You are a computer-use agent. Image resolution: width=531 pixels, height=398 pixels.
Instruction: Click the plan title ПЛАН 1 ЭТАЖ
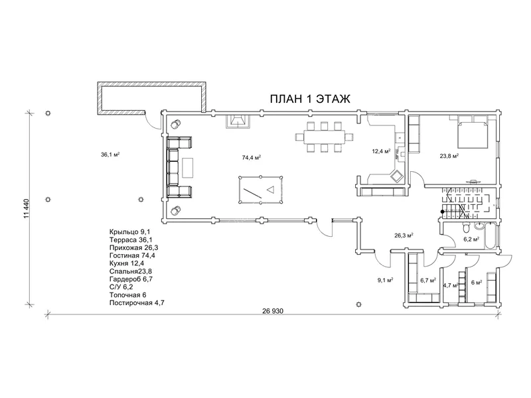click(x=310, y=99)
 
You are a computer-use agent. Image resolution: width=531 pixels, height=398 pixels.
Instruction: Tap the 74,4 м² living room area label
click(x=252, y=157)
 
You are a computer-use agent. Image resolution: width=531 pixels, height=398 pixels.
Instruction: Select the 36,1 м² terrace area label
click(x=110, y=155)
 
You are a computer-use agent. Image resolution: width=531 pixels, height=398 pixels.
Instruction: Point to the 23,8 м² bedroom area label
click(x=449, y=156)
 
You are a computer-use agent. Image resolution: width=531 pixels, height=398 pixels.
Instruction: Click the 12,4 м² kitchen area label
click(x=381, y=151)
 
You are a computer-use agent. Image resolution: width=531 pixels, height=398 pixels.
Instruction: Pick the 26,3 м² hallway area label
click(x=404, y=235)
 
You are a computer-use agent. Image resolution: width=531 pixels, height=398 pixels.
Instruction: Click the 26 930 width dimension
click(x=272, y=311)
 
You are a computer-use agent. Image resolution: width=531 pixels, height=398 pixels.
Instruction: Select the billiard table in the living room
click(x=261, y=190)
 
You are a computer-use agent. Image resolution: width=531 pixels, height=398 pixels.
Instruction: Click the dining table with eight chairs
click(x=325, y=137)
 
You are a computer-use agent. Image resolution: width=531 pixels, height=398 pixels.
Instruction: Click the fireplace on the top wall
click(x=238, y=121)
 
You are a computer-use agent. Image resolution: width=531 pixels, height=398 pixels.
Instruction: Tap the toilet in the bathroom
click(x=467, y=228)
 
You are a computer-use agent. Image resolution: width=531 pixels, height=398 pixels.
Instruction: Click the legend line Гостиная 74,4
click(x=132, y=255)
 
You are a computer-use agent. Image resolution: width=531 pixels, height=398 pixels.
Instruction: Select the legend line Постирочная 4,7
click(x=137, y=303)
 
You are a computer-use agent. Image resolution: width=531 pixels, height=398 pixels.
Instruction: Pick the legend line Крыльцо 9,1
click(x=129, y=232)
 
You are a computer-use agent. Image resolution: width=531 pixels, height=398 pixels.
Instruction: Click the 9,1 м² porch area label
click(x=385, y=280)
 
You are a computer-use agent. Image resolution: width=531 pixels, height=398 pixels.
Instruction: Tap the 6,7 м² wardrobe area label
click(x=428, y=281)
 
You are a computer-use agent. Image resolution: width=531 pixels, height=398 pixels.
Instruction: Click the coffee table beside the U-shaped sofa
click(x=188, y=168)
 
